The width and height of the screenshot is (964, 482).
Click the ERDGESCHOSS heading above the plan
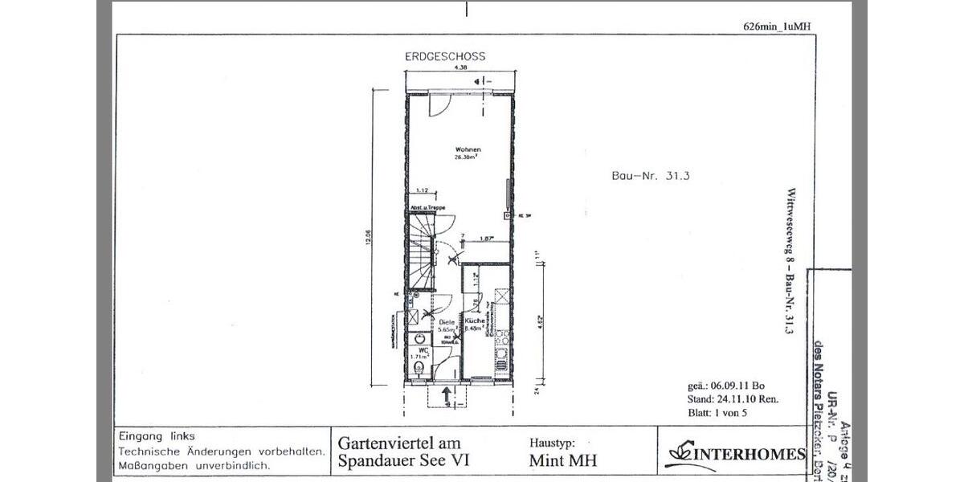[444, 57]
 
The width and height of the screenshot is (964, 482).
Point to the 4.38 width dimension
[460, 69]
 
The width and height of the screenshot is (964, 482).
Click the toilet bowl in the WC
[418, 369]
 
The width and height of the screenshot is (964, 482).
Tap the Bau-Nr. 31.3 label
[639, 178]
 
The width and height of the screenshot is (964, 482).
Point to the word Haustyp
[553, 443]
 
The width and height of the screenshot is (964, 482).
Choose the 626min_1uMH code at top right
[777, 26]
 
